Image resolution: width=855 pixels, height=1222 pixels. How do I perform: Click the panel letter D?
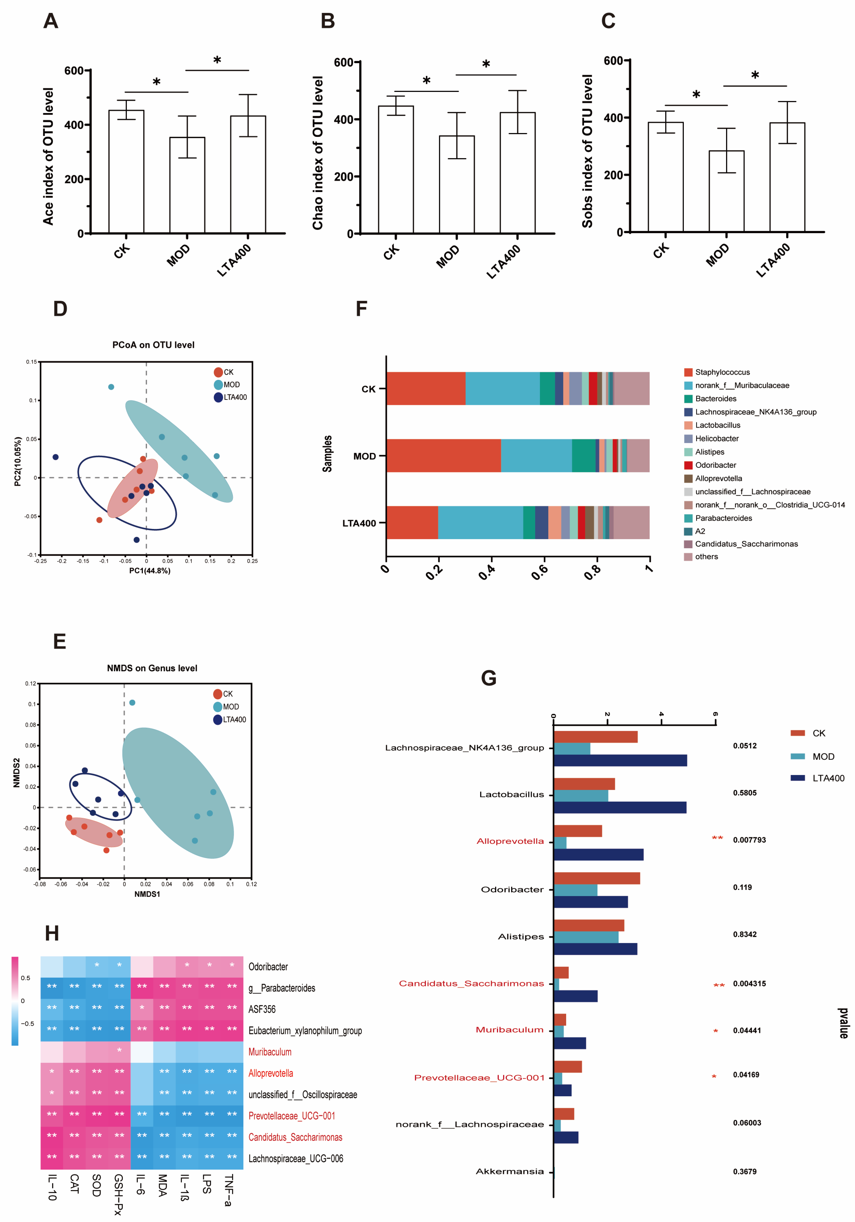coord(60,309)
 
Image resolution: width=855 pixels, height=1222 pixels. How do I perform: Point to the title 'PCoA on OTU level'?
coord(153,345)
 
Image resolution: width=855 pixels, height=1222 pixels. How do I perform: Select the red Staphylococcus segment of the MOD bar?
coord(444,456)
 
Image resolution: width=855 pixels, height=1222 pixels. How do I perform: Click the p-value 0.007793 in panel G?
coord(749,840)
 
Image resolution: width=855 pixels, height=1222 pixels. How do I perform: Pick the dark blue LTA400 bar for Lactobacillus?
coord(620,807)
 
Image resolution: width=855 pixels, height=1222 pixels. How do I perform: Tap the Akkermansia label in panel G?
coord(509,1171)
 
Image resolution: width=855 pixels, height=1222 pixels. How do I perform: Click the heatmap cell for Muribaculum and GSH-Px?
coord(119,1052)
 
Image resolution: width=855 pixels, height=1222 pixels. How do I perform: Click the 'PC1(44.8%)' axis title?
coord(150,571)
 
